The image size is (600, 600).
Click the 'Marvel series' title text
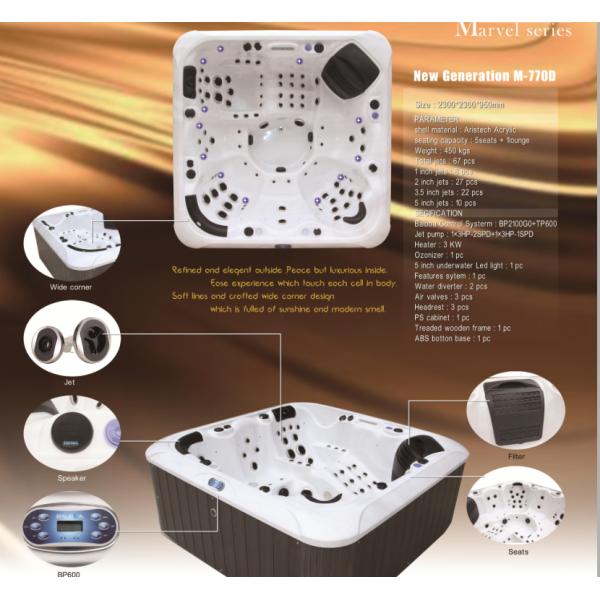[x=513, y=30]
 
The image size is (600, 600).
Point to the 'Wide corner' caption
[x=72, y=287]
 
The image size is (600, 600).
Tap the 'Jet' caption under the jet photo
[x=70, y=382]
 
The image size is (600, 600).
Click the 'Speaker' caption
[x=71, y=478]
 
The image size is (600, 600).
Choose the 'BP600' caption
[x=69, y=574]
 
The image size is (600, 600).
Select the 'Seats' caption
[x=518, y=551]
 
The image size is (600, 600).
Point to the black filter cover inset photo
[x=516, y=409]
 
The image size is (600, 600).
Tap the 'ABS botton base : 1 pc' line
[x=454, y=338]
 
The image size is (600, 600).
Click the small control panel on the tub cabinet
[x=213, y=483]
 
